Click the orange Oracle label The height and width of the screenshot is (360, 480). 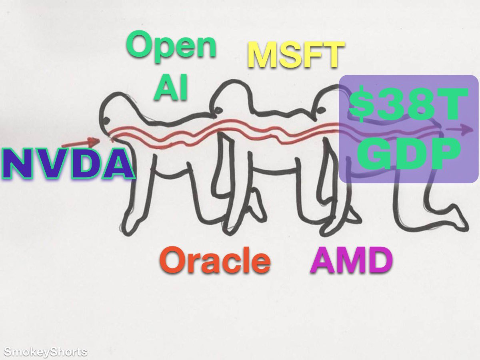(x=215, y=260)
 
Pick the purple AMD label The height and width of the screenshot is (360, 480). (x=351, y=260)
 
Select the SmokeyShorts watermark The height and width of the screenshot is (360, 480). (x=44, y=352)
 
